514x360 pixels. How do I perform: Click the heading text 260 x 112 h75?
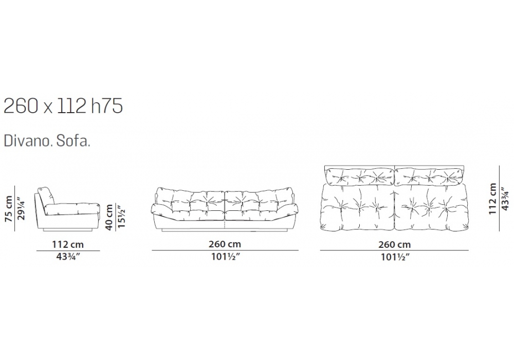coord(63,106)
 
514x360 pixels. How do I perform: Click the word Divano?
coord(28,141)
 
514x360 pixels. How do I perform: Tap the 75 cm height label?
coord(9,209)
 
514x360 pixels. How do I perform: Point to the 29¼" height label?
coord(21,208)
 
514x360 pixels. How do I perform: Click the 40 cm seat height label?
coord(109,217)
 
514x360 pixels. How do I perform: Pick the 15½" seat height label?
coord(122,217)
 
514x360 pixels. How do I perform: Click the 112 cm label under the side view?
coord(68,244)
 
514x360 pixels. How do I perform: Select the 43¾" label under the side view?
coord(68,257)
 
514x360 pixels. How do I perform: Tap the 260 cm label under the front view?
coord(225,244)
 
